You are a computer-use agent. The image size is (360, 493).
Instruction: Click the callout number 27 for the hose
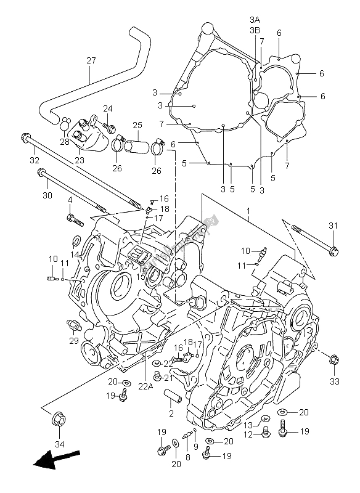91,61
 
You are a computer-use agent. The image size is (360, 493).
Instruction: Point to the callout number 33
335,381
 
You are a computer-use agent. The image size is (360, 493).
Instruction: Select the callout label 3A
254,20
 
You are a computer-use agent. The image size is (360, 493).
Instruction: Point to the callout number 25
137,125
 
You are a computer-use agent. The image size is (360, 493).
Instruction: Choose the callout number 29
73,340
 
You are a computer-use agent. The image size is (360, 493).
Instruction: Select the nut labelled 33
333,359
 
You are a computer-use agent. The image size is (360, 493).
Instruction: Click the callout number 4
70,200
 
